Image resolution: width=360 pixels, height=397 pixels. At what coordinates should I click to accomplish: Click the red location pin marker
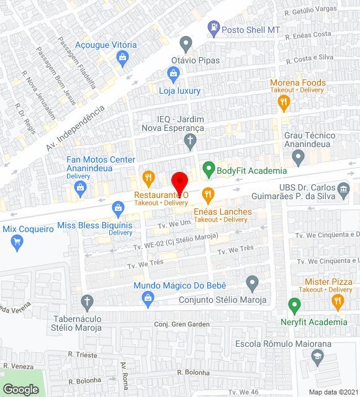179,182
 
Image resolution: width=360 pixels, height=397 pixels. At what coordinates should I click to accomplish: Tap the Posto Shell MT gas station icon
214,28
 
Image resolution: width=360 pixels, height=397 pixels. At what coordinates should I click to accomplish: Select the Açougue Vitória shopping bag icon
122,58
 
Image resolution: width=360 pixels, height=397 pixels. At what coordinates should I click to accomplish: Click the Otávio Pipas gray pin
186,45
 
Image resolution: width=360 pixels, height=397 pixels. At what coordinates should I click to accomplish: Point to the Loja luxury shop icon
174,75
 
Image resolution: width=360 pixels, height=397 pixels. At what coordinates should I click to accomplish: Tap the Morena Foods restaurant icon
284,102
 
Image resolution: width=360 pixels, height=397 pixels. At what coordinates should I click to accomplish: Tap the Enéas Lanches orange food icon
208,195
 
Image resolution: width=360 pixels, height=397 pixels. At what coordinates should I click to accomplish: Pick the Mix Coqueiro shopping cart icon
17,243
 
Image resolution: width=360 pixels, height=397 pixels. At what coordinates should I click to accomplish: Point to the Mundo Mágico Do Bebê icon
148,300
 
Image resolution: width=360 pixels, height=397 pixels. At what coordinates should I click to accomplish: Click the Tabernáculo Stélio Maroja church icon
88,302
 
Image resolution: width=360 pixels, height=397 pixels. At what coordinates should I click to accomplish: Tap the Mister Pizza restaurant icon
338,302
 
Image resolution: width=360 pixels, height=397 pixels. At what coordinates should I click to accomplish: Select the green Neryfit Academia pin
295,305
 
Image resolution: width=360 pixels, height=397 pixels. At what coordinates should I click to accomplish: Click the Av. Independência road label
76,129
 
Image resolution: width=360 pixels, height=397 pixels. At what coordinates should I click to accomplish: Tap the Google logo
20,389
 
